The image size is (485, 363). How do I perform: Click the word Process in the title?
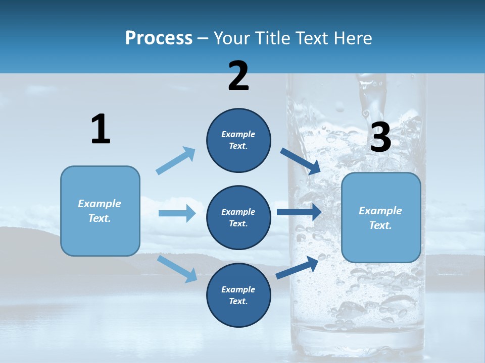click(x=159, y=38)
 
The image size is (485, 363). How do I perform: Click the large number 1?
click(x=101, y=129)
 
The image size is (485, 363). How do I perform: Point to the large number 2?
click(x=238, y=76)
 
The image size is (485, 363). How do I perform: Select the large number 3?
click(x=380, y=138)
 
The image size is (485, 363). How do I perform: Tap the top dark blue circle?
click(x=238, y=140)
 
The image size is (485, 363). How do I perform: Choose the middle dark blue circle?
click(x=238, y=217)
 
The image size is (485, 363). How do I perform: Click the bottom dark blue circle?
click(x=238, y=295)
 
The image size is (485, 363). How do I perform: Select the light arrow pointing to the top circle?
click(x=176, y=161)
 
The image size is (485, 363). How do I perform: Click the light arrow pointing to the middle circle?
click(x=177, y=213)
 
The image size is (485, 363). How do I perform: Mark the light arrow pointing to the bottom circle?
click(x=177, y=269)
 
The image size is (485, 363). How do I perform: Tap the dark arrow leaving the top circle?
click(x=301, y=161)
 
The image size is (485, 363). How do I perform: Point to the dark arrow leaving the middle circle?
click(x=299, y=212)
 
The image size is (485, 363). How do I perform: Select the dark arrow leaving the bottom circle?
click(x=297, y=267)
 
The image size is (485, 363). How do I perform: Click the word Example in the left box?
click(x=100, y=204)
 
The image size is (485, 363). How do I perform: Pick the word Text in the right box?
click(x=380, y=225)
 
